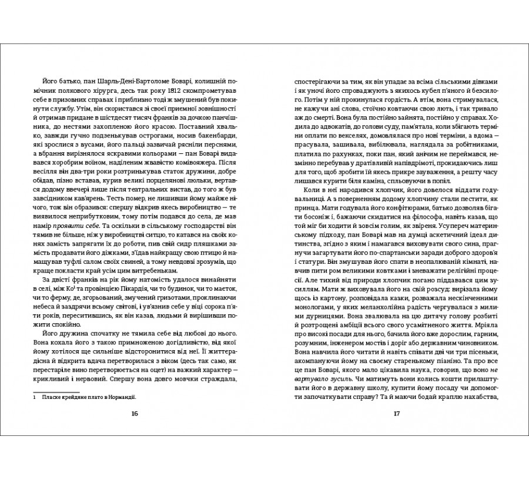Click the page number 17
coord(396,414)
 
